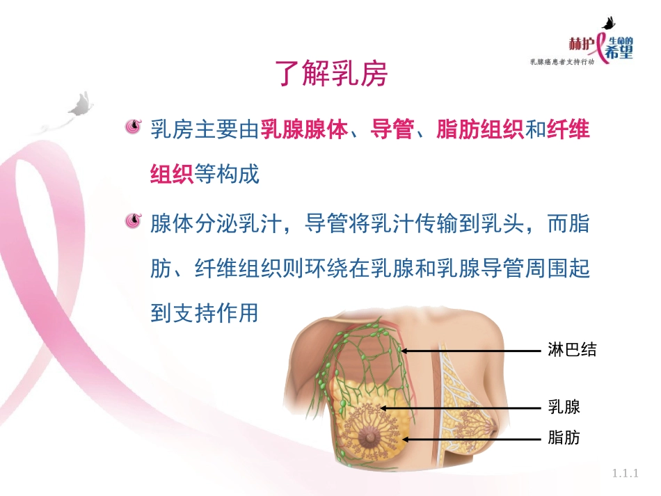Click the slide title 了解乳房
click(330, 74)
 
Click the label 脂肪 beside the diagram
click(564, 438)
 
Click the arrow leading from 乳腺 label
click(459, 408)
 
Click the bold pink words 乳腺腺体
click(304, 129)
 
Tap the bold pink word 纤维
click(568, 129)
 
